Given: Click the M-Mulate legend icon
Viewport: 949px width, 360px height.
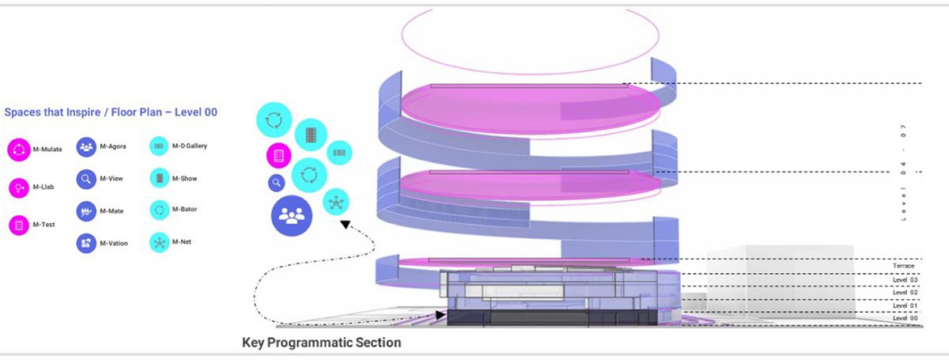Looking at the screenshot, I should point(17,149).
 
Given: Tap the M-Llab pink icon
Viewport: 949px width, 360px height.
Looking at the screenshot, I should point(17,188).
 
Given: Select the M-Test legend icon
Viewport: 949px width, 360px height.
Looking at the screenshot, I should point(17,225).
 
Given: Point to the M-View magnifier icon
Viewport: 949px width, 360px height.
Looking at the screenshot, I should point(85,180).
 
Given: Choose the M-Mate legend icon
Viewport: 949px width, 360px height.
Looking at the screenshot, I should point(85,211).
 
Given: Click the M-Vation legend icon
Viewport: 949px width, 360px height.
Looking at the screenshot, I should point(85,243).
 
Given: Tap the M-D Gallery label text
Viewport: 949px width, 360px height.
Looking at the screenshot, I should point(190,146).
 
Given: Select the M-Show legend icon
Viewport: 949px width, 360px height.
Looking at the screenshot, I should point(159,180).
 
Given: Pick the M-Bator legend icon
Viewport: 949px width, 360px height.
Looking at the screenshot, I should point(159,211).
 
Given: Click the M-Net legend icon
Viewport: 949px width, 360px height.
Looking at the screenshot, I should point(159,243).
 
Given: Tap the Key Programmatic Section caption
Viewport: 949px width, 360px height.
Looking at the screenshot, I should point(321,343).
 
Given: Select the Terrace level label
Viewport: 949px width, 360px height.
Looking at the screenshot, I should point(903,266).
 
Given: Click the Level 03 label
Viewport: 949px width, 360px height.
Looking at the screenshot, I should point(905,279).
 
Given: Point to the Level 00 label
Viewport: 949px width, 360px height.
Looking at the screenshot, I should point(905,317).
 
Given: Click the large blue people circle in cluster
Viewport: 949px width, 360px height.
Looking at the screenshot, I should point(292,216).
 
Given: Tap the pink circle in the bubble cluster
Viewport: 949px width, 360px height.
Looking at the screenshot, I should point(278,156).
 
